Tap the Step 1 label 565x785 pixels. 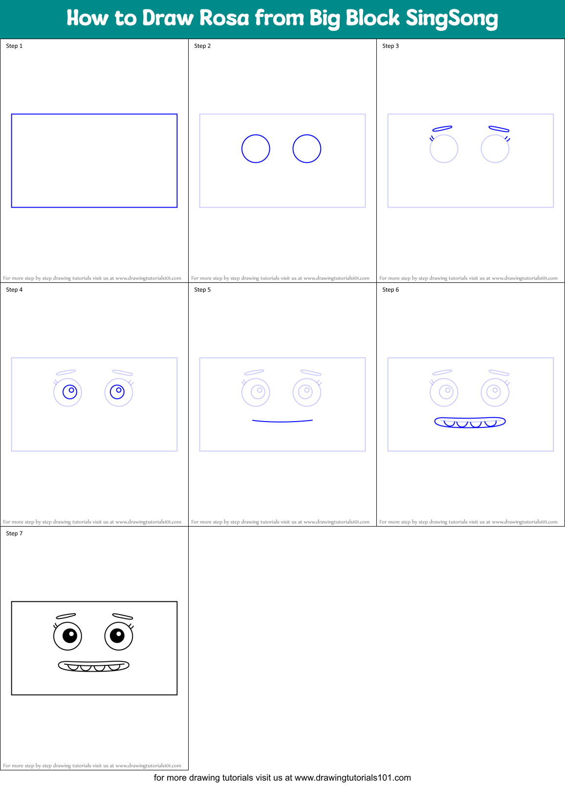pos(14,46)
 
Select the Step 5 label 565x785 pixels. pos(202,290)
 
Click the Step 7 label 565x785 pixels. pos(14,533)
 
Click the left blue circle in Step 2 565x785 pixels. pos(256,149)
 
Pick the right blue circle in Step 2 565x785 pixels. pos(307,149)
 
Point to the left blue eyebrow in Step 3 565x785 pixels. pos(442,128)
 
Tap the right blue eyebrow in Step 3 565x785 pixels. pos(499,129)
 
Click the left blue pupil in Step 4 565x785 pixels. pos(70,392)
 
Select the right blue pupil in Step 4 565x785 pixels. pos(117,392)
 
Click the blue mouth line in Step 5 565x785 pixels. pos(282,421)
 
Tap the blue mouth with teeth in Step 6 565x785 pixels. pos(470,422)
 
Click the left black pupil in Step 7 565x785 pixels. pos(70,636)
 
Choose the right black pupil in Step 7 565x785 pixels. pos(117,636)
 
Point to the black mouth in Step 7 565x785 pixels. pos(93,666)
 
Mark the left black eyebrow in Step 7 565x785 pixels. pos(66,616)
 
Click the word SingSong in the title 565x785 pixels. pos(452,19)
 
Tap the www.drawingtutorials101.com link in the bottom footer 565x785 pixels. pos(352,778)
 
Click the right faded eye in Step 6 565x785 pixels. pos(495,392)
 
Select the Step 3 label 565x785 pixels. pos(391,46)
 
